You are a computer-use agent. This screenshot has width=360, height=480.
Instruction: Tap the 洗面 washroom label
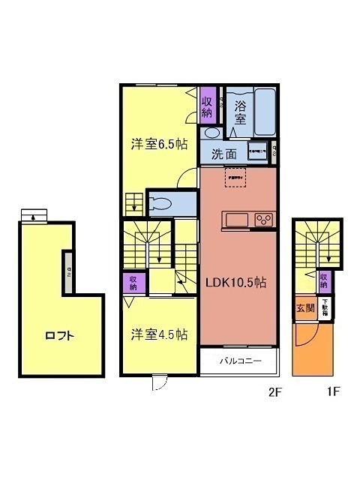coord(223,154)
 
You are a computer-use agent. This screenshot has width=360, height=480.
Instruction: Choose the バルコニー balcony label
coord(240,361)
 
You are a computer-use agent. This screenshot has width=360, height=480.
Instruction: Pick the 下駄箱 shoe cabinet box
coord(325,310)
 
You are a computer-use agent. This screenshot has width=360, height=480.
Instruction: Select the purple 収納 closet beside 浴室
coord(208,104)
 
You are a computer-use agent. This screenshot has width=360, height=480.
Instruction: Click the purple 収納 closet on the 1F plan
coord(324,281)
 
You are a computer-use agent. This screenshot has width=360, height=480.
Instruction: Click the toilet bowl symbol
coord(161,202)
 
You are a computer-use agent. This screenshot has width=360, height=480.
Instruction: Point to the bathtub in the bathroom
coord(265,112)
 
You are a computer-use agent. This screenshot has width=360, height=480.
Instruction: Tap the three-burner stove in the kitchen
coord(265,220)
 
